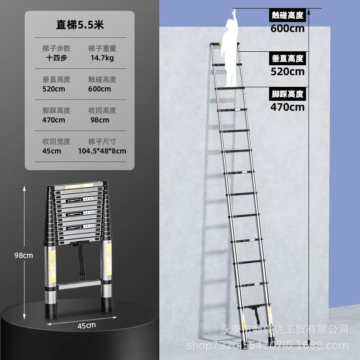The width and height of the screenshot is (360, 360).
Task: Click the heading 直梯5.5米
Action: (80, 25)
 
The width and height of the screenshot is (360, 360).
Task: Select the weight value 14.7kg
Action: (102, 58)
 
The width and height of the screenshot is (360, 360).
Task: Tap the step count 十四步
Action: (57, 58)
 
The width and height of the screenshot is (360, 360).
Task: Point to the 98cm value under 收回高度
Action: (99, 120)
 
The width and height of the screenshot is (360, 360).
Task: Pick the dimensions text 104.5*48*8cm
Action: (102, 151)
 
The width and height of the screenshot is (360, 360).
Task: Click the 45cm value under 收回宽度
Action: (52, 151)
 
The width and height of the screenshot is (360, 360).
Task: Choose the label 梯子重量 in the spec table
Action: (102, 49)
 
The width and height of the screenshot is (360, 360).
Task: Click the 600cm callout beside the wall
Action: (288, 28)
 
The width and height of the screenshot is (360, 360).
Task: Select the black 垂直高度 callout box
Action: (288, 58)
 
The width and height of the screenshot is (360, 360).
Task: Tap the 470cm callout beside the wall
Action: (288, 107)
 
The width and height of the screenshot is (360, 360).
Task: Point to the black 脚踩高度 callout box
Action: (288, 94)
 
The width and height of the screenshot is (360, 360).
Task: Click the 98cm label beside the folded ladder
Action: (24, 255)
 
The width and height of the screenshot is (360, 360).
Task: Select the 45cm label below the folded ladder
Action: (86, 325)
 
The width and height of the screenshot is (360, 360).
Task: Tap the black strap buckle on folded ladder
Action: (82, 277)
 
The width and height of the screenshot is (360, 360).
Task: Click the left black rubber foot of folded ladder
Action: (51, 310)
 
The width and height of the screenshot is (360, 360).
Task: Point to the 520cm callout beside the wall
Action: (288, 72)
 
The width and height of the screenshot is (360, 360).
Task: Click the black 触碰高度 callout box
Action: (288, 15)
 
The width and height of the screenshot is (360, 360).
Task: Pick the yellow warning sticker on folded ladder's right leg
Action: (108, 260)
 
